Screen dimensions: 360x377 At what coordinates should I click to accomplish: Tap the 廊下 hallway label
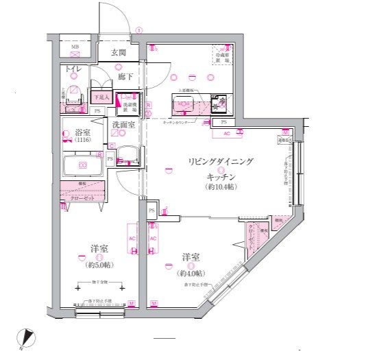[124, 77]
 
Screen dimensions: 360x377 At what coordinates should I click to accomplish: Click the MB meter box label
[75, 47]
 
